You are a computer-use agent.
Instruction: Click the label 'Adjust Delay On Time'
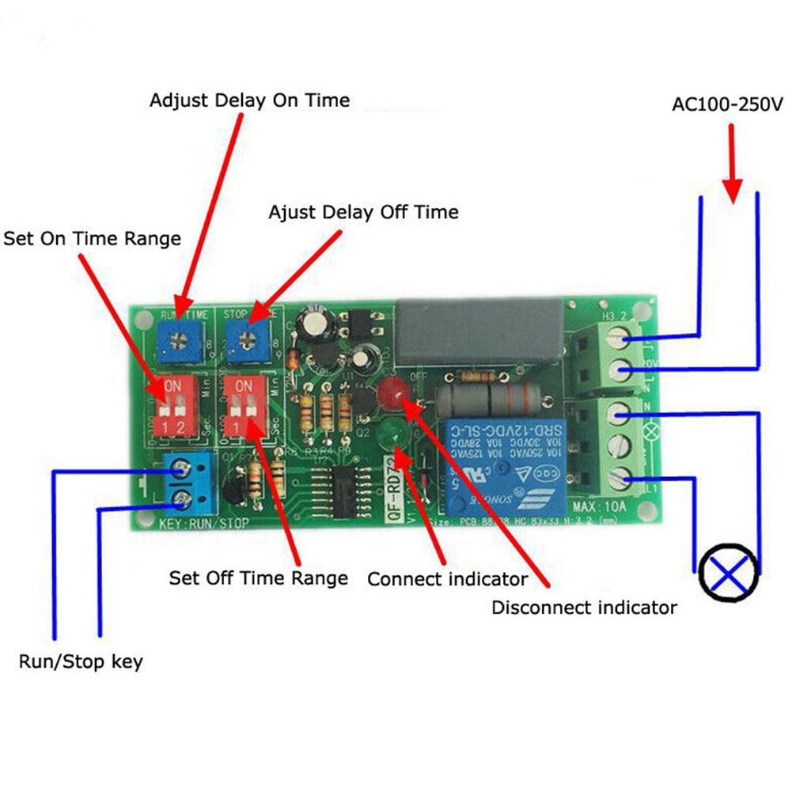pyautogui.click(x=249, y=100)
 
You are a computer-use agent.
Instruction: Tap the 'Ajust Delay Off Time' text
pyautogui.click(x=363, y=212)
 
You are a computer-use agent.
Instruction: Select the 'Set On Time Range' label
pyautogui.click(x=92, y=238)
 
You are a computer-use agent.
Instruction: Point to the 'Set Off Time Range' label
pyautogui.click(x=258, y=578)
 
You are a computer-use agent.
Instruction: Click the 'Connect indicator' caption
pyautogui.click(x=447, y=579)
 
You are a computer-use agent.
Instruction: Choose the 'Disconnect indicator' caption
pyautogui.click(x=584, y=608)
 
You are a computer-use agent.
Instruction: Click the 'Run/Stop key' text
pyautogui.click(x=81, y=661)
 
